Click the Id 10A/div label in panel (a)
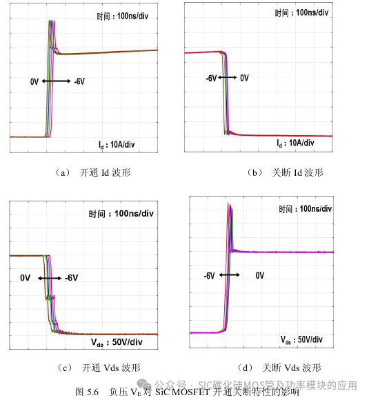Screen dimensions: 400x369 [x=121, y=143]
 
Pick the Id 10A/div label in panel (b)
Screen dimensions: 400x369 [x=295, y=143]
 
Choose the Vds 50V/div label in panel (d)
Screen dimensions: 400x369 [x=306, y=340]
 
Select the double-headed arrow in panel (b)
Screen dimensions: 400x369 [x=228, y=78]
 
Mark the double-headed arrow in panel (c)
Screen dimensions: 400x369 [x=51, y=278]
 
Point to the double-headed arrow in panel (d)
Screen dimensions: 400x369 [x=230, y=275]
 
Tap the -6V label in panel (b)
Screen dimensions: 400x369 [x=211, y=78]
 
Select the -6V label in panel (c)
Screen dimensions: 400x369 [x=72, y=278]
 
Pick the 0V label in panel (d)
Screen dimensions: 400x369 [x=260, y=275]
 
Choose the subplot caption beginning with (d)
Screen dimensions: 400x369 [x=272, y=368]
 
